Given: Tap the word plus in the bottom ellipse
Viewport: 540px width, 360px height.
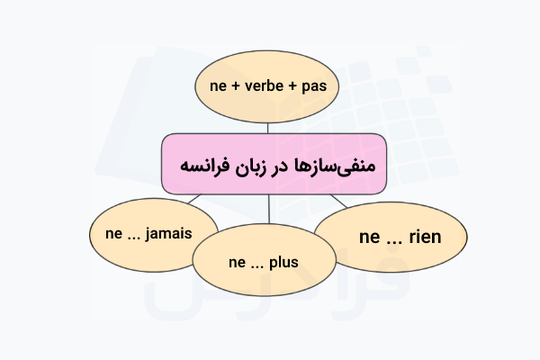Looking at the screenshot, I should (x=283, y=263).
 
